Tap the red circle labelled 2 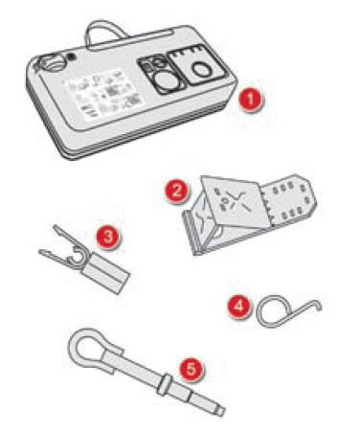[175, 190]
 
